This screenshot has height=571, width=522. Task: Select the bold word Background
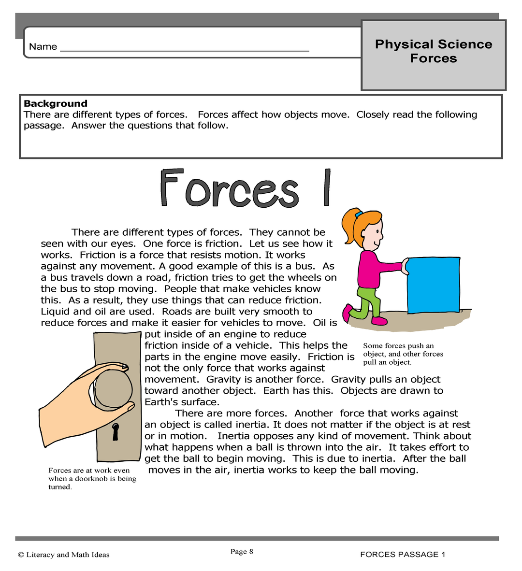pyautogui.click(x=56, y=103)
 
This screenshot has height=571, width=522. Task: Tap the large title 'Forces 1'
pyautogui.click(x=246, y=189)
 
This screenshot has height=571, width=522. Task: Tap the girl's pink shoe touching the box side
pyautogui.click(x=379, y=321)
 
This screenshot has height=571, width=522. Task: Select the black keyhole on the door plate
pyautogui.click(x=116, y=431)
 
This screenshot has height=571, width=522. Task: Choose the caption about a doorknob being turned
pyautogui.click(x=92, y=478)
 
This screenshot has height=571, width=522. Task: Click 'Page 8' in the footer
pyautogui.click(x=242, y=552)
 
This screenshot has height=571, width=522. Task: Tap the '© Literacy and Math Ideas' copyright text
pyautogui.click(x=64, y=555)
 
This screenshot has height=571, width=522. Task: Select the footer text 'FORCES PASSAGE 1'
pyautogui.click(x=403, y=555)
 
